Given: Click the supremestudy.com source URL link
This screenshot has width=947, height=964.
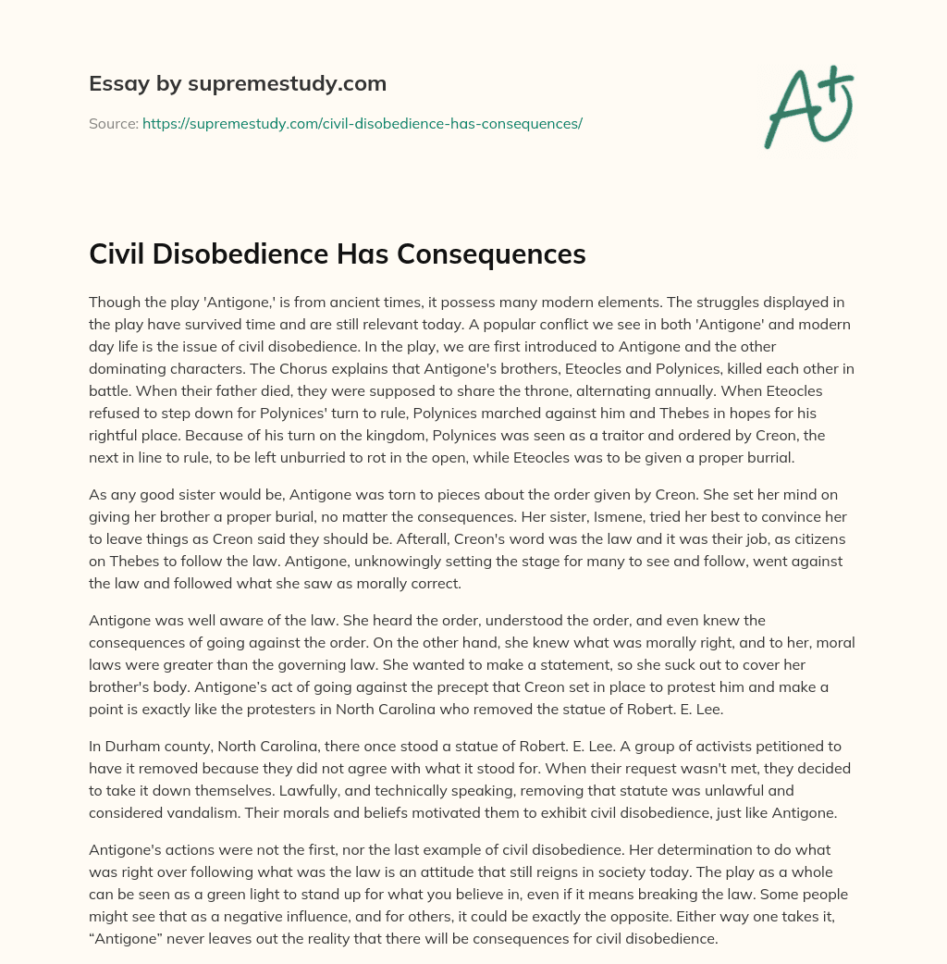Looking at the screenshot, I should click(362, 123).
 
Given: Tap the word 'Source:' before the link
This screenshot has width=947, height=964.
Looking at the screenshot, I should click(113, 123).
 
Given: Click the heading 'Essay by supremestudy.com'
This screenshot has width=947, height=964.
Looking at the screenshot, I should click(237, 84).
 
